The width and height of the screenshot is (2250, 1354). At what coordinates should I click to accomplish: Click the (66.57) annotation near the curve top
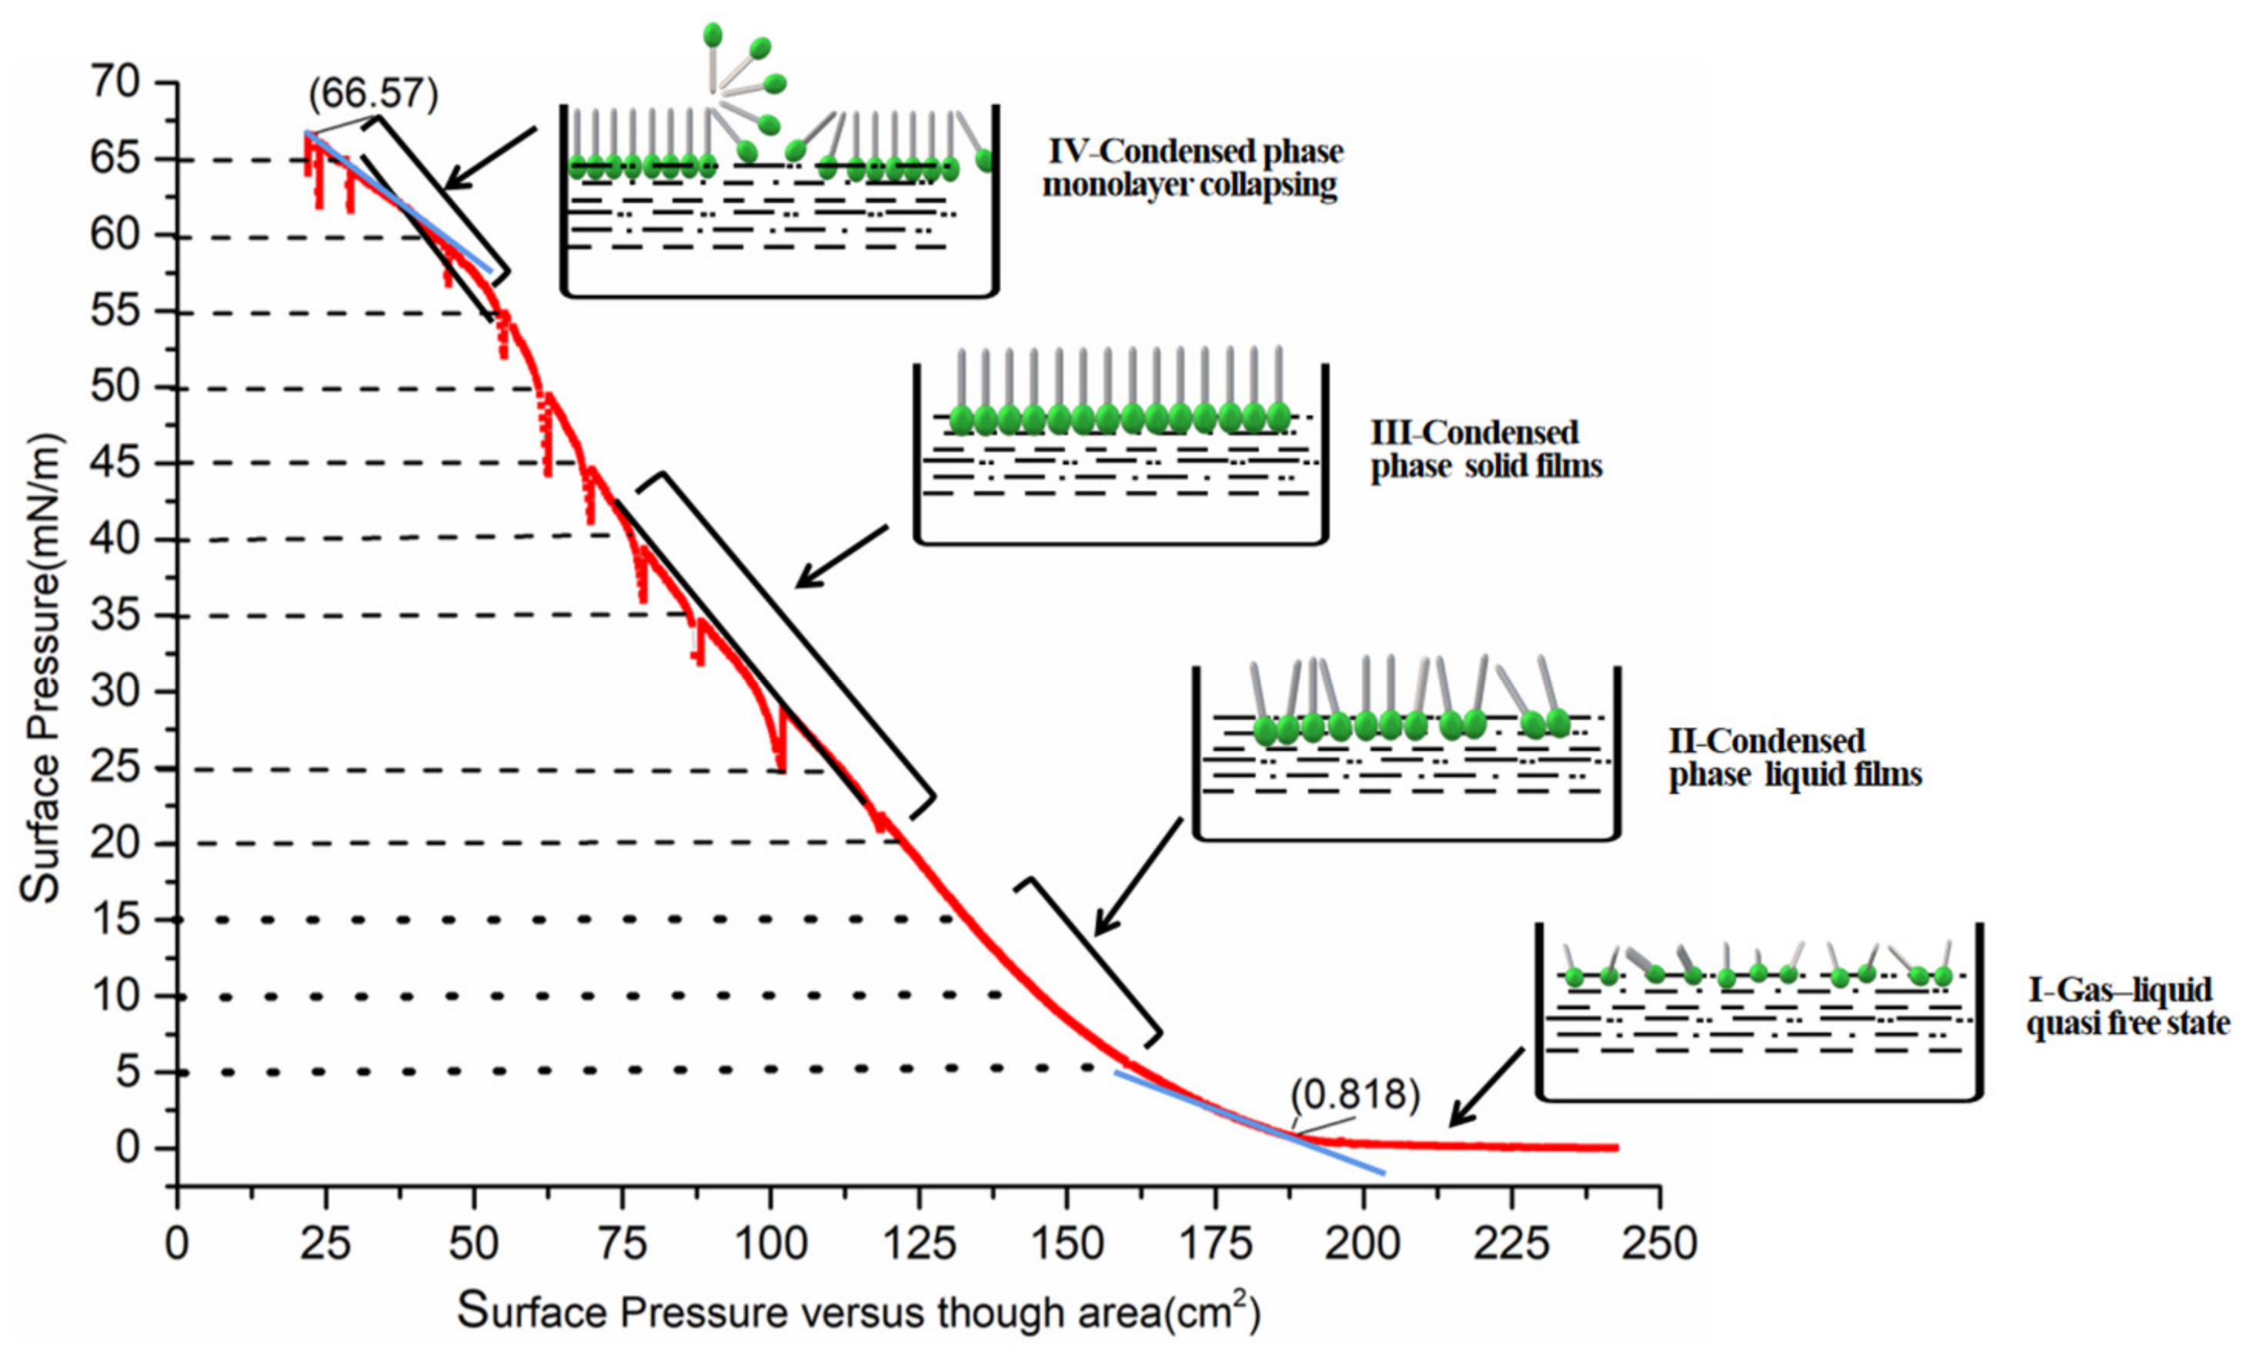[373, 94]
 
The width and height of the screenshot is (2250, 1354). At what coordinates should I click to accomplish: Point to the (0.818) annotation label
[1354, 1094]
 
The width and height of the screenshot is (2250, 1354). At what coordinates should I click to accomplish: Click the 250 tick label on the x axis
[1659, 1243]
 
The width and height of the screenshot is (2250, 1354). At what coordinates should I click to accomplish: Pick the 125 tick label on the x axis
[918, 1243]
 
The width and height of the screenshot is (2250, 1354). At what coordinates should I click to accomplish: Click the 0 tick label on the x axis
[177, 1243]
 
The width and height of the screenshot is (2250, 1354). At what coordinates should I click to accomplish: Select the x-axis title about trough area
[858, 1312]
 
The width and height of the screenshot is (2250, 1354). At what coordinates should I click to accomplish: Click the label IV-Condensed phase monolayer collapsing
[1193, 168]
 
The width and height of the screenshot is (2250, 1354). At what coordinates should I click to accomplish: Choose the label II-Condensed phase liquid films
[1794, 757]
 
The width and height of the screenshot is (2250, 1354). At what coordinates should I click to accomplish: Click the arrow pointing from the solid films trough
[841, 555]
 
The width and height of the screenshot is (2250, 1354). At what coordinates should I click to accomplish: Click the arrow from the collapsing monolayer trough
[490, 158]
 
